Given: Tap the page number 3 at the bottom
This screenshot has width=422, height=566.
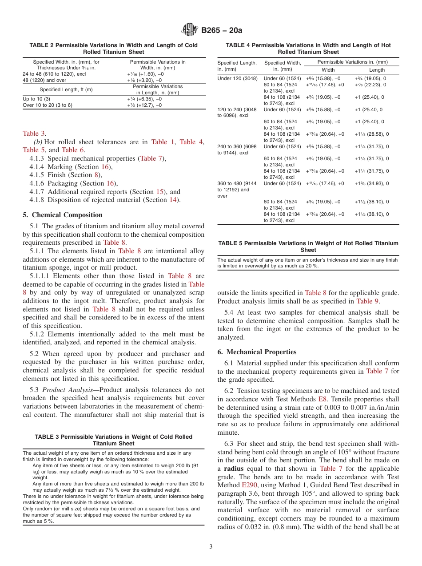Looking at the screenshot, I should coord(211,547).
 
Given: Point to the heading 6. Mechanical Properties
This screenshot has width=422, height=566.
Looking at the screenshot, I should coord(257,352).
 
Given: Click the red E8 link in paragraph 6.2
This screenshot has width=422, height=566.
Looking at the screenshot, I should coord(323,399).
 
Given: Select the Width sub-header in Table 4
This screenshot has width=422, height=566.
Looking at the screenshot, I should coord(328,70).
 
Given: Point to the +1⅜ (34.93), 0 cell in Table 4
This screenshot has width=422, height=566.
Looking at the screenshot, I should coord(371,183).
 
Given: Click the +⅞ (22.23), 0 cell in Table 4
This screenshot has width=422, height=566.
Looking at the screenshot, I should coord(370,85).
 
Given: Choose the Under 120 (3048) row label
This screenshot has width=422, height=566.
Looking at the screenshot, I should coord(236,78).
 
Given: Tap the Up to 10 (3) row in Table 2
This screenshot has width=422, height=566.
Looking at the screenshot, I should coord(36,99).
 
